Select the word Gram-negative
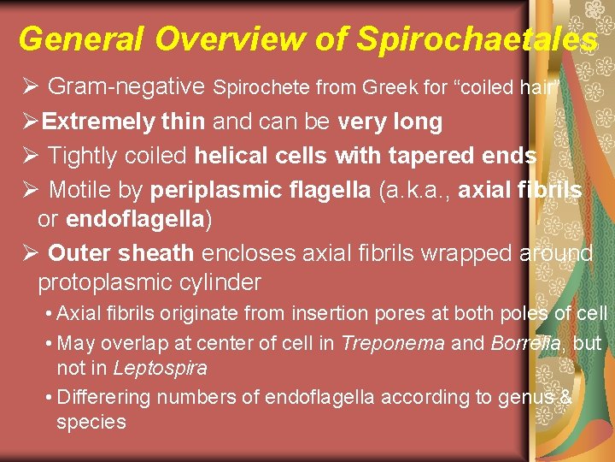pos(126,86)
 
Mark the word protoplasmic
pos(111,281)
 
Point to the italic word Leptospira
pos(160,369)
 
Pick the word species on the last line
pos(91,422)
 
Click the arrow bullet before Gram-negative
pos(27,86)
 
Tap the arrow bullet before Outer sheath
pos(27,254)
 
